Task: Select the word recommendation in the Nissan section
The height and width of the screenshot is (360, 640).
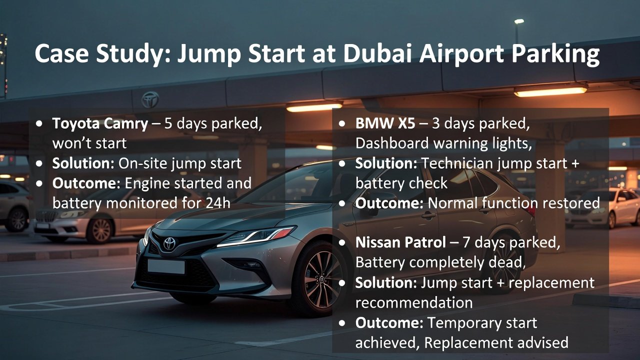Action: (414, 302)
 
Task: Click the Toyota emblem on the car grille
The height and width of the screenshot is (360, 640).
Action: (169, 243)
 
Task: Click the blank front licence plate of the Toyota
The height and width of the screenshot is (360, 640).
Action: (166, 266)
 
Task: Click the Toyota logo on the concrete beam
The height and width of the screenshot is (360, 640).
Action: (149, 99)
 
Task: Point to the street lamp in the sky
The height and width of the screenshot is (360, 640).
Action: (518, 21)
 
